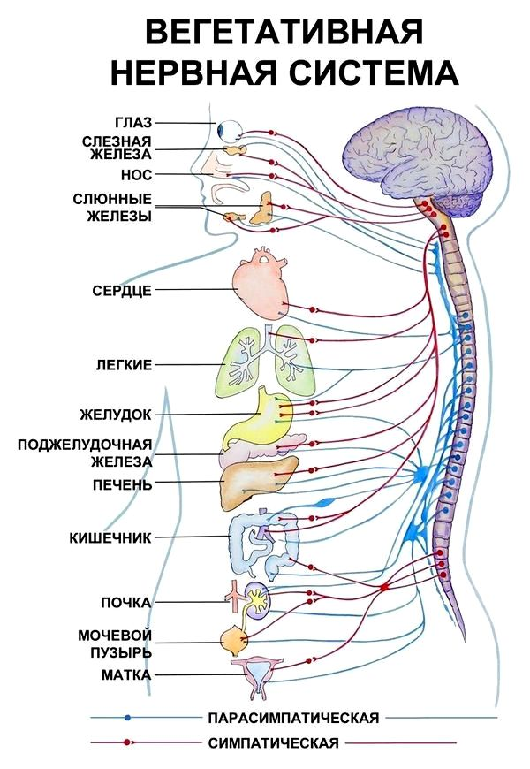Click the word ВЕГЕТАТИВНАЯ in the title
pyautogui.click(x=284, y=34)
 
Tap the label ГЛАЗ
pyautogui.click(x=133, y=123)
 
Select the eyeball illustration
pyautogui.click(x=230, y=131)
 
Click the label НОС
pyautogui.click(x=136, y=175)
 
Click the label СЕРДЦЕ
pyautogui.click(x=122, y=290)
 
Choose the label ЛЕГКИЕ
pyautogui.click(x=124, y=365)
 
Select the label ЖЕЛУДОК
pyautogui.click(x=116, y=415)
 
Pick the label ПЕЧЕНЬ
pyautogui.click(x=123, y=485)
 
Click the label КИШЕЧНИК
pyautogui.click(x=110, y=538)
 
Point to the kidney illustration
pyautogui.click(x=256, y=598)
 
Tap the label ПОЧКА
pyautogui.click(x=126, y=602)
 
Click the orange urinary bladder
pyautogui.click(x=234, y=640)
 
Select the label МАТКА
pyautogui.click(x=126, y=675)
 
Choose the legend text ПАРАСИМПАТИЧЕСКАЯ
pyautogui.click(x=293, y=718)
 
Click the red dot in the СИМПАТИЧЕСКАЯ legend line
pyautogui.click(x=127, y=742)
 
